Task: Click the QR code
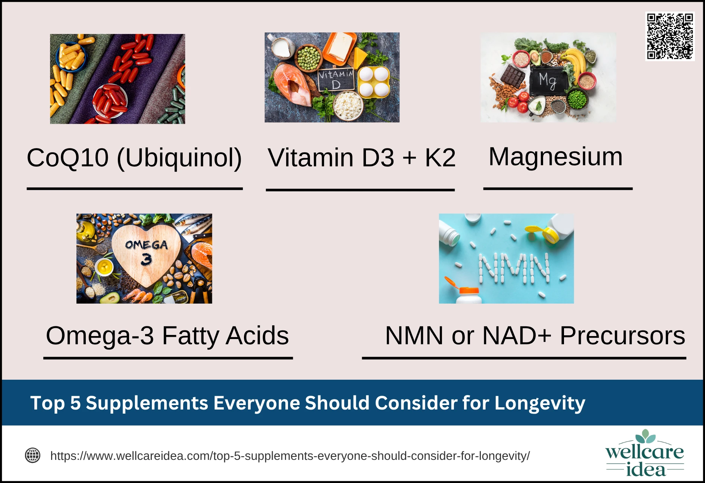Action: pos(670,36)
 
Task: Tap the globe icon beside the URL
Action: pos(32,455)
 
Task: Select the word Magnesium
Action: pos(555,157)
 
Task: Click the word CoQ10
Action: pos(68,157)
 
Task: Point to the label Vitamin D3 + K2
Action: pos(361,157)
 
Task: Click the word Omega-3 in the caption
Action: pos(100,335)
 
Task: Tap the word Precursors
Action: pos(622,335)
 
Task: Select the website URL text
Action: pos(290,456)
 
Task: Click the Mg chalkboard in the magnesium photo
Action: pos(548,81)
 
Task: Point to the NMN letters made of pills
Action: pos(514,268)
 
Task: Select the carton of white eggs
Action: pos(374,82)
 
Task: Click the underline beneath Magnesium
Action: pos(558,189)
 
